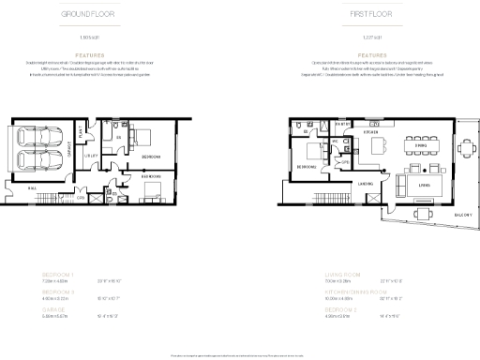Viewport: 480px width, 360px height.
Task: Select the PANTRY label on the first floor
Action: coord(343,123)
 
